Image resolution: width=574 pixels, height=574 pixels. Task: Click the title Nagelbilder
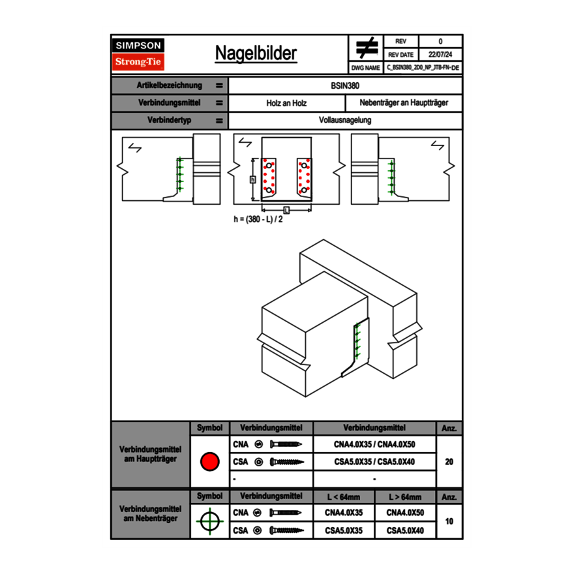tap(256, 53)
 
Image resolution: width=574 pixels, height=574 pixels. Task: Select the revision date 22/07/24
tap(440, 55)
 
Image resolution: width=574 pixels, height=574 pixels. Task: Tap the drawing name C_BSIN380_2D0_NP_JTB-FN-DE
tap(423, 67)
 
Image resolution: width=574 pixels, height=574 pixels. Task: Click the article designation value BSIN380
tap(345, 85)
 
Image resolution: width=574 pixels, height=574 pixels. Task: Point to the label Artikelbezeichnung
tap(170, 85)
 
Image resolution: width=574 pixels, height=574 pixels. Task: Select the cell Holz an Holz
tap(286, 103)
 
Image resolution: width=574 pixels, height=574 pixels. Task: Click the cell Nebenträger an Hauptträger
tap(404, 103)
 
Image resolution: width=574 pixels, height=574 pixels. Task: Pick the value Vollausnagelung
tap(345, 121)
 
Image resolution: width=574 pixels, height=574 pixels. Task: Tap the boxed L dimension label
tap(286, 209)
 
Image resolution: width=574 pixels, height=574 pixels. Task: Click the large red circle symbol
tap(209, 462)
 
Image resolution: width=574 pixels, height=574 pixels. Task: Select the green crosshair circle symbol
tap(209, 521)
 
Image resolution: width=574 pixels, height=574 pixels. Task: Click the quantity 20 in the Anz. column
tap(449, 462)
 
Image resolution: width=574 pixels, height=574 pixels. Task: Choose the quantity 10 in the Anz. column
tap(449, 521)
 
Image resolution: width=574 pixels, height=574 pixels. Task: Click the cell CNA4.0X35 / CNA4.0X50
tap(374, 444)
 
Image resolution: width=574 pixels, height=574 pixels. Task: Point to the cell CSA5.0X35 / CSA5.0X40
tap(374, 462)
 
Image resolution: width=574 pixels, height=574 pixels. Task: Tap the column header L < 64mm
tap(343, 497)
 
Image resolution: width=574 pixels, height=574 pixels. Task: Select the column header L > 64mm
tap(405, 497)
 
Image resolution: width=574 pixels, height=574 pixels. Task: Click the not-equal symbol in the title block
tap(367, 48)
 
